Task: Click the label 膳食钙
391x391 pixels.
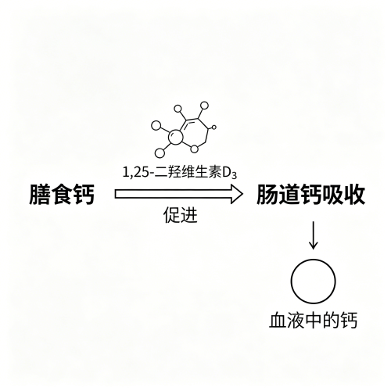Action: pyautogui.click(x=62, y=195)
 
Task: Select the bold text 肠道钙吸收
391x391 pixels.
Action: pyautogui.click(x=310, y=195)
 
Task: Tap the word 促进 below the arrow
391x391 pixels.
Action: pyautogui.click(x=181, y=215)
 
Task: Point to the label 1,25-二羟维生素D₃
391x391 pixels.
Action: pyautogui.click(x=180, y=173)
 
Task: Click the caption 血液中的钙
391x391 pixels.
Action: pyautogui.click(x=313, y=321)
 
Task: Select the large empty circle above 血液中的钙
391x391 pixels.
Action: pyautogui.click(x=291, y=282)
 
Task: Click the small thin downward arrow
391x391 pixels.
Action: pyautogui.click(x=313, y=235)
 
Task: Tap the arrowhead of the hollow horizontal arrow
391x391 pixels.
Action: pyautogui.click(x=237, y=194)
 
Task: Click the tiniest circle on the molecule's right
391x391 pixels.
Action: pyautogui.click(x=214, y=127)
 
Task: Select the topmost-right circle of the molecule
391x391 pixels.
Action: pyautogui.click(x=204, y=106)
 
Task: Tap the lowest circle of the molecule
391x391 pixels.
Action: pyautogui.click(x=160, y=153)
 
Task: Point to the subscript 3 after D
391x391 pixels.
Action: pyautogui.click(x=234, y=176)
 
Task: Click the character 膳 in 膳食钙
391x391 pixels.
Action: pyautogui.click(x=40, y=195)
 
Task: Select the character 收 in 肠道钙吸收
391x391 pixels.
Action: pyautogui.click(x=354, y=195)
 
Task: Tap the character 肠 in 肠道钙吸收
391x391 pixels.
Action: pyautogui.click(x=267, y=195)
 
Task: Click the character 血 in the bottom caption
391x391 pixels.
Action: pyautogui.click(x=278, y=321)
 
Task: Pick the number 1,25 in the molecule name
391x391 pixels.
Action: pyautogui.click(x=135, y=173)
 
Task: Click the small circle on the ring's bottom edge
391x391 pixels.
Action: pyautogui.click(x=194, y=149)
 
